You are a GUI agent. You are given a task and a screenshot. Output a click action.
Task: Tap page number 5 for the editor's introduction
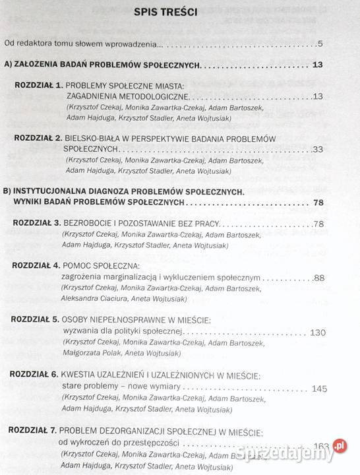[x=319, y=44]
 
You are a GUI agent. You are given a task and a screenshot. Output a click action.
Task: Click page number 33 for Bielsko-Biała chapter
[x=317, y=150]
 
